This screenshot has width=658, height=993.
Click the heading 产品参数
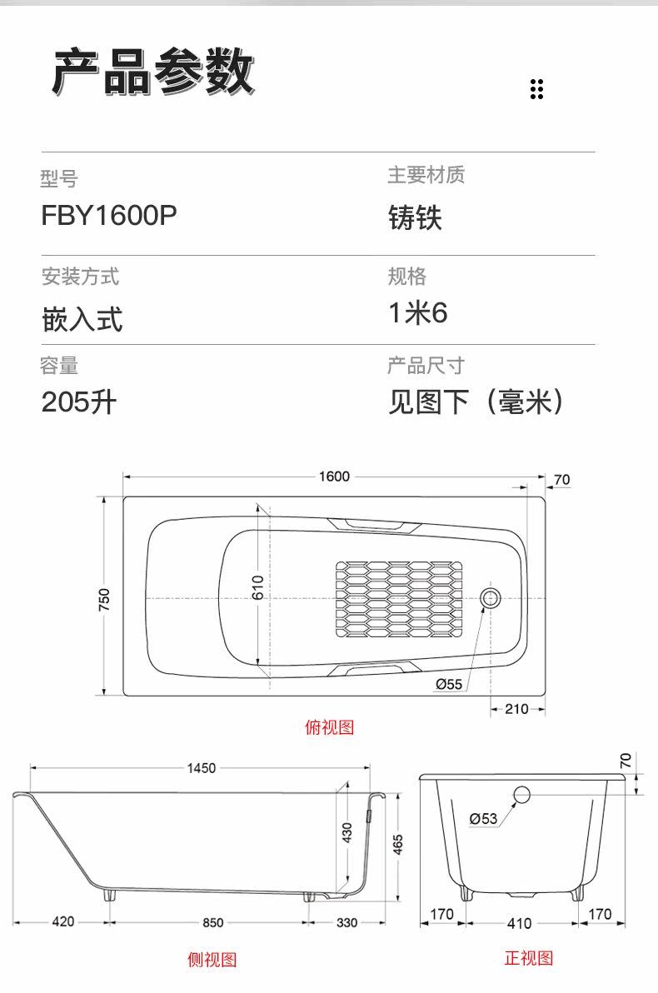(153, 72)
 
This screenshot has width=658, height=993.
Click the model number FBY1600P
(109, 216)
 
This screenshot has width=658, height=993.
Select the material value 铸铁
(415, 217)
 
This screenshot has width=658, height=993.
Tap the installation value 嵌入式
(82, 318)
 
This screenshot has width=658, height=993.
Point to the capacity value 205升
(79, 402)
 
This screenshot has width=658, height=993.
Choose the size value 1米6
(418, 313)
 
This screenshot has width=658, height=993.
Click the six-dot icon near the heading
(536, 89)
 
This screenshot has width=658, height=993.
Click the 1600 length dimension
(334, 477)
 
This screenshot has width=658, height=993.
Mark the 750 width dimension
(104, 599)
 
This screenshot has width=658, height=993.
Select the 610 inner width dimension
(257, 587)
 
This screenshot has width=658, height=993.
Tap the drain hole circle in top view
(491, 598)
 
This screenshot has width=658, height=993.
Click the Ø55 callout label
(448, 684)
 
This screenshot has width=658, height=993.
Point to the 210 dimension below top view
(516, 709)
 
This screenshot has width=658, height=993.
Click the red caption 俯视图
(329, 727)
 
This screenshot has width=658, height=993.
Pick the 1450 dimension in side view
(202, 767)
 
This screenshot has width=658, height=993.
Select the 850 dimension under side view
(212, 923)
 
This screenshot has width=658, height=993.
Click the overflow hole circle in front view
(522, 794)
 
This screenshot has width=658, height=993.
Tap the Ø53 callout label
(483, 818)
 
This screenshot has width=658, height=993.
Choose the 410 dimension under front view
(519, 923)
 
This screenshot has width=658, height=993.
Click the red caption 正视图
(529, 957)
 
